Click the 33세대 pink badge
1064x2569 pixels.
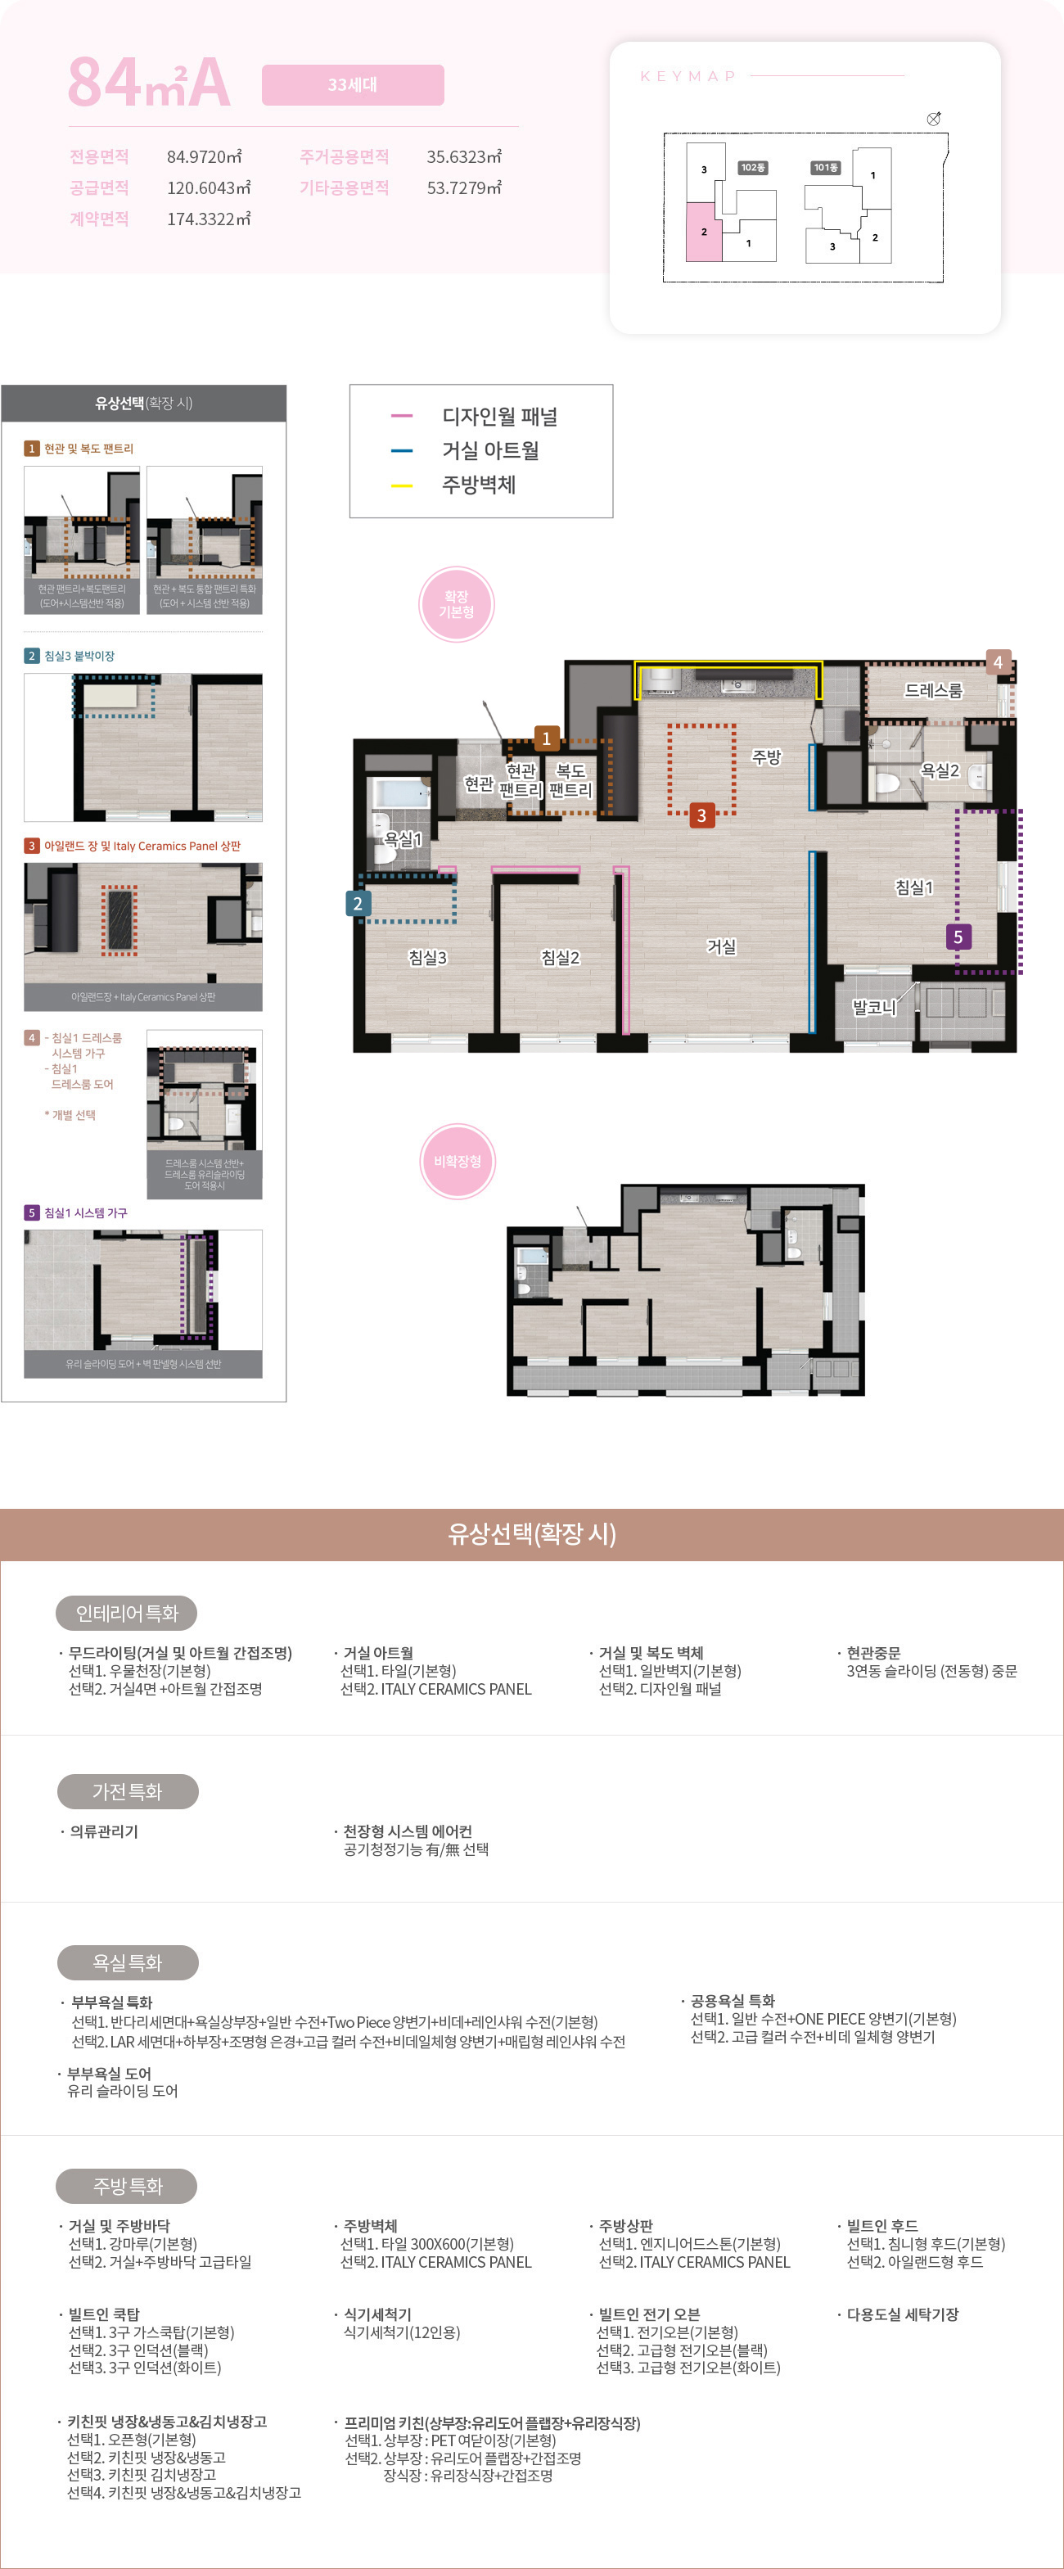pyautogui.click(x=352, y=85)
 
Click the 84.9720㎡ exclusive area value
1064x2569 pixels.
pyautogui.click(x=205, y=156)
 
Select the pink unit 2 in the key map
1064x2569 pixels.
pyautogui.click(x=703, y=233)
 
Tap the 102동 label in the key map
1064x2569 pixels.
pyautogui.click(x=753, y=168)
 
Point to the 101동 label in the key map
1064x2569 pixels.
pyautogui.click(x=826, y=168)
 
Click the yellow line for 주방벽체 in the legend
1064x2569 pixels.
pyautogui.click(x=401, y=485)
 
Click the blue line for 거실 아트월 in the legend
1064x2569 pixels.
pyautogui.click(x=401, y=451)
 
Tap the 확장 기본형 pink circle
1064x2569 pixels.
pyautogui.click(x=457, y=604)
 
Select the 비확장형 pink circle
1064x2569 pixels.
pyautogui.click(x=457, y=1161)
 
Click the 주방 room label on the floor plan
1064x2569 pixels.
pyautogui.click(x=766, y=757)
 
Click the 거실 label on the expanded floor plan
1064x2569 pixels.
pyautogui.click(x=721, y=946)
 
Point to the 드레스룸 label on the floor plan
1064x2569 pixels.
pyautogui.click(x=933, y=690)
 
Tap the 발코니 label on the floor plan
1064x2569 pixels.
pyautogui.click(x=873, y=1007)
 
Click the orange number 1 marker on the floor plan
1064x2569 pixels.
pyautogui.click(x=545, y=738)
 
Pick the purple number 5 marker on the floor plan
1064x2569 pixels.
pyautogui.click(x=958, y=937)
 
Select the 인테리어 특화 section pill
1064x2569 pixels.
pyautogui.click(x=127, y=1613)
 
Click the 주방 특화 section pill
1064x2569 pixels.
pyautogui.click(x=127, y=2186)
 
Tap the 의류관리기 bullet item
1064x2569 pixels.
pyautogui.click(x=104, y=1831)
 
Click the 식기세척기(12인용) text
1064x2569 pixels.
pyautogui.click(x=401, y=2332)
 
